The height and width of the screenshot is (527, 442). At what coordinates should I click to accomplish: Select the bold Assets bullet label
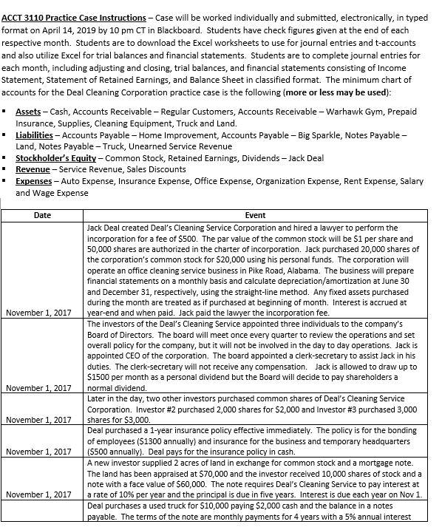28,111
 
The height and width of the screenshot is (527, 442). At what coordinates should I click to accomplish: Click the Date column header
43,215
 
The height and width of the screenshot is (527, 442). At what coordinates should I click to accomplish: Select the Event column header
255,215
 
